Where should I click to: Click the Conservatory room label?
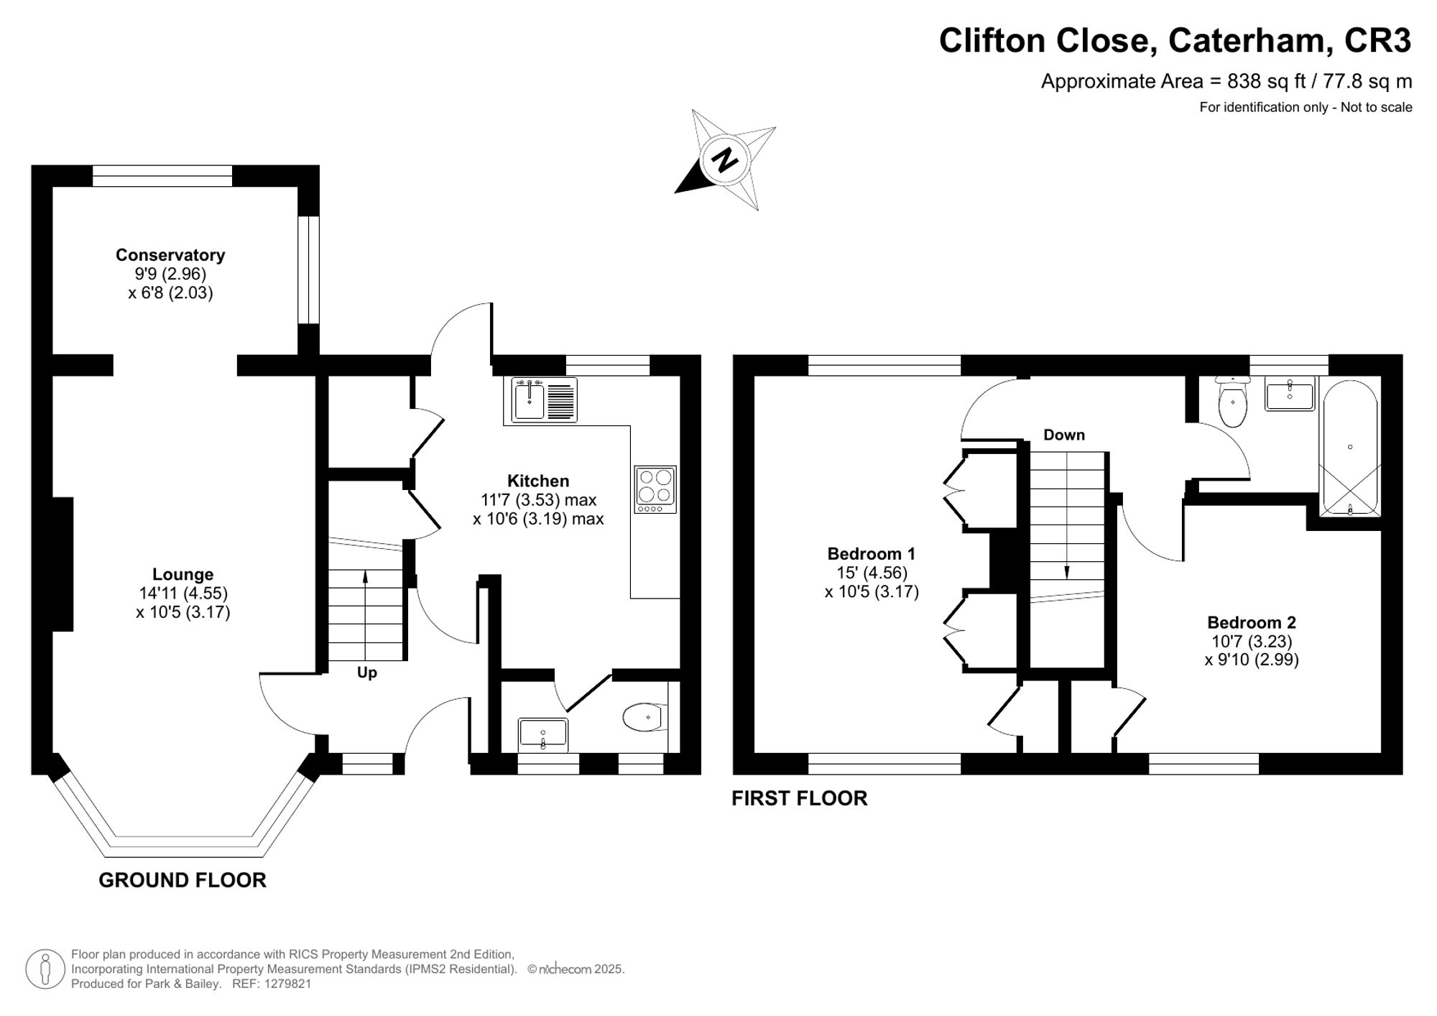point(170,255)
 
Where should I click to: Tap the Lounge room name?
point(182,574)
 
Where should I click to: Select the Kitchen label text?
point(538,481)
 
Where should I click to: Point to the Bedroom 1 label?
point(871,553)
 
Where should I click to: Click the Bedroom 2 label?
point(1252,622)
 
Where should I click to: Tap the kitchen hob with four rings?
point(655,489)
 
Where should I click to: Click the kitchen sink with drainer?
point(544,400)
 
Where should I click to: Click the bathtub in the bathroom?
point(1350,447)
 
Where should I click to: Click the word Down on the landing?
point(1063,435)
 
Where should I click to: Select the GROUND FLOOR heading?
point(182,880)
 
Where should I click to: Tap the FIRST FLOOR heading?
point(799,798)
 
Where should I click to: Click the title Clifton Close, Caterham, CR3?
point(1175,40)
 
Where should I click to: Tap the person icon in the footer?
point(45,969)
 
